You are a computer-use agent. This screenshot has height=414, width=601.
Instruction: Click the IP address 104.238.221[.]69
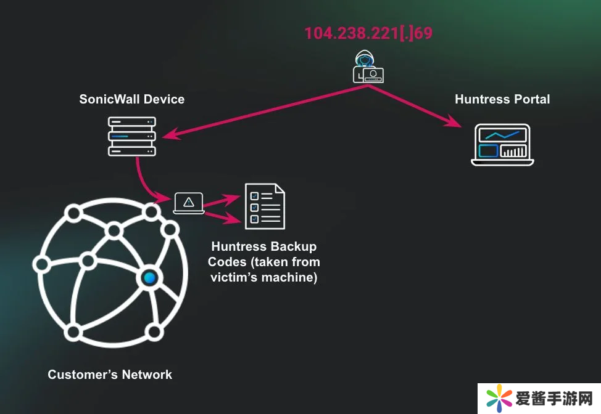(368, 33)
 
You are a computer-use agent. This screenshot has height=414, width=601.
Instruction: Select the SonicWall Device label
(131, 99)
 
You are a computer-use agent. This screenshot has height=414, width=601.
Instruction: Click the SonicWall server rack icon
(132, 136)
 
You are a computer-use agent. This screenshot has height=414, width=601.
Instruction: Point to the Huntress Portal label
(502, 99)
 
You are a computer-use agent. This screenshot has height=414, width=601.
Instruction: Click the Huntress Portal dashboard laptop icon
(502, 145)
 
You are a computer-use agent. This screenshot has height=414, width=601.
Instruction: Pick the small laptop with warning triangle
(189, 203)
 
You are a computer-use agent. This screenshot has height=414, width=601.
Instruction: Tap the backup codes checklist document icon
(265, 206)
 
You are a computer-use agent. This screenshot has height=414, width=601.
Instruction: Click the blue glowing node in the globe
(149, 278)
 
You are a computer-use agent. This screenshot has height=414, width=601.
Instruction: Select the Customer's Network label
(110, 374)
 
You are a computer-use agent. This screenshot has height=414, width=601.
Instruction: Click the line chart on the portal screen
(502, 134)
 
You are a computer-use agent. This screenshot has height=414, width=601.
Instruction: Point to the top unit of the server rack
(132, 122)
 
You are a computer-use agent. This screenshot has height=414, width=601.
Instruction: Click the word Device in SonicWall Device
(164, 99)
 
